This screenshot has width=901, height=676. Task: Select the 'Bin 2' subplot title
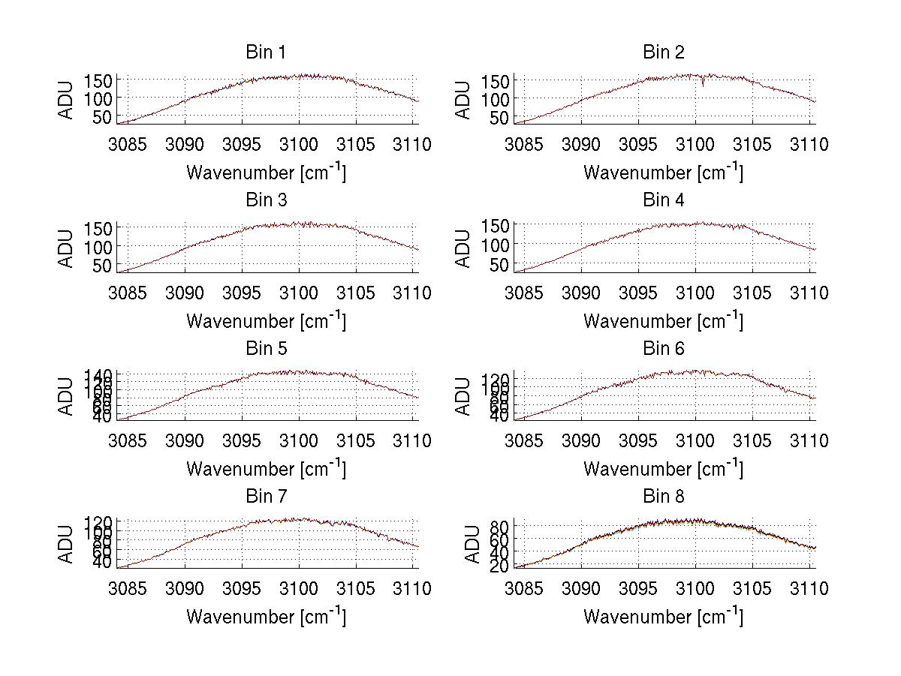(663, 53)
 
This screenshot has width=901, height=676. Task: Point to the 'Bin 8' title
(663, 497)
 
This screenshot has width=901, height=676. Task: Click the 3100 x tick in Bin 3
(299, 292)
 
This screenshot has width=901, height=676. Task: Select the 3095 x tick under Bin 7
(242, 588)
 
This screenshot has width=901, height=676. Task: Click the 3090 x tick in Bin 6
(581, 440)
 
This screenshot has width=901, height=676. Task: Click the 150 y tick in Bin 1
(103, 80)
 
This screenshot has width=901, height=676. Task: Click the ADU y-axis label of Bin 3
(67, 248)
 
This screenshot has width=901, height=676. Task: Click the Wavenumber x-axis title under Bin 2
(663, 172)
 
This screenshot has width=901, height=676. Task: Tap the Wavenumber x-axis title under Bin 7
(266, 616)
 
